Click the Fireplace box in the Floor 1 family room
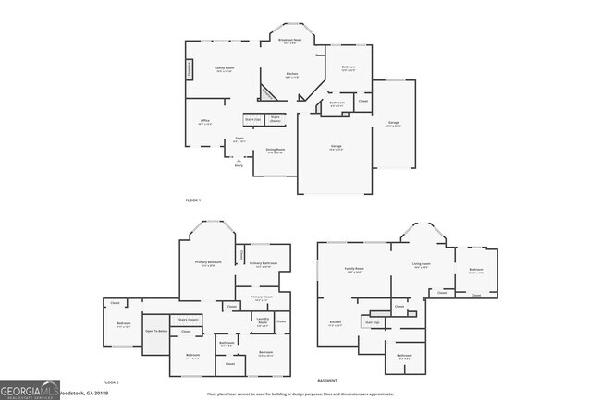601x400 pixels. (190, 68)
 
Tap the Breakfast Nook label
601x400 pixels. (290, 41)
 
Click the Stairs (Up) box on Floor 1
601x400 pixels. (252, 119)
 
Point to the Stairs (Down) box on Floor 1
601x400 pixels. (275, 119)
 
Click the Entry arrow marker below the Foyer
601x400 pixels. (239, 159)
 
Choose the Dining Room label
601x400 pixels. (276, 150)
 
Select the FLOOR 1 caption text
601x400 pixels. (192, 200)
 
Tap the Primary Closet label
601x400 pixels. (260, 297)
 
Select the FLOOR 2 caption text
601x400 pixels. (111, 382)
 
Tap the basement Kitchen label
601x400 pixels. (336, 322)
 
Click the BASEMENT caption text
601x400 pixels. (326, 380)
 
